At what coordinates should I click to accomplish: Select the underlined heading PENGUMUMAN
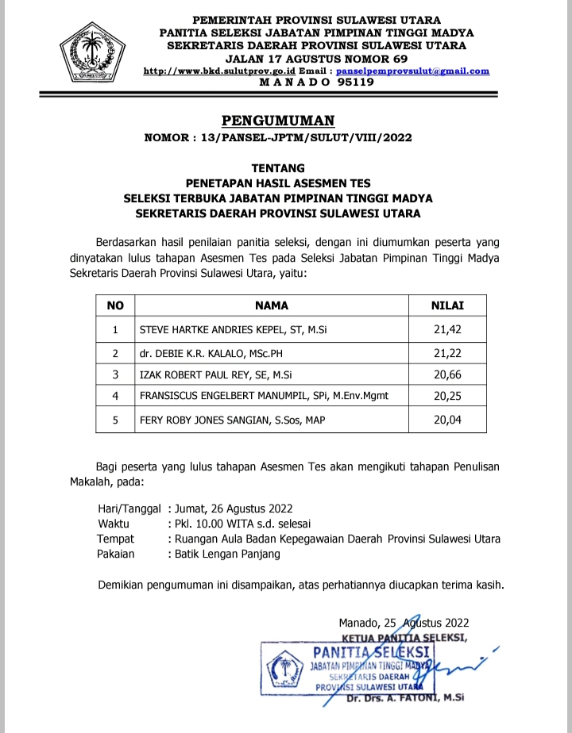pos(278,121)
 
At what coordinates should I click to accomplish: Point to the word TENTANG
pos(278,168)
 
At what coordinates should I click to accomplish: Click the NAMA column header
pos(271,305)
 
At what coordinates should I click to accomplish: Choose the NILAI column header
pos(447,305)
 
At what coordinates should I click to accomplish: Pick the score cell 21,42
pos(447,328)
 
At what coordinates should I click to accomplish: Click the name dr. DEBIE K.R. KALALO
pos(211,351)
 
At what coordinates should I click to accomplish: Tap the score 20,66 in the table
pos(447,374)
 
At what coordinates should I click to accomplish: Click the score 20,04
pos(447,420)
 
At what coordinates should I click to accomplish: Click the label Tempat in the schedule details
pos(115,539)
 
